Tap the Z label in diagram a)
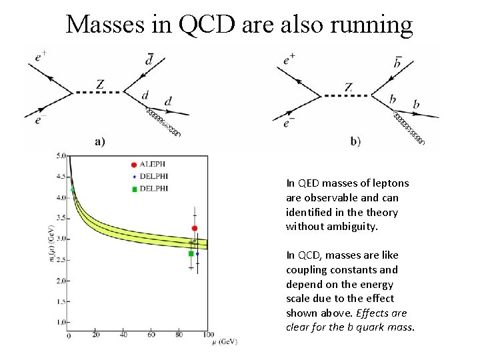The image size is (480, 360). coord(100,85)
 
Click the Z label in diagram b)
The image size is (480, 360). coord(349,87)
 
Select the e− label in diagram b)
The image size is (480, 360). coord(289,123)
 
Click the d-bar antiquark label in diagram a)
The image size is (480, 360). coord(149,61)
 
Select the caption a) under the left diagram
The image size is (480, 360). coord(100,142)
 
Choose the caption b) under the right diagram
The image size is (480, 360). coord(355,142)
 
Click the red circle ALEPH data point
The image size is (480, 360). coord(194,229)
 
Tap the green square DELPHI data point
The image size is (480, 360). coord(191,253)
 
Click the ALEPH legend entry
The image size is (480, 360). coord(152,164)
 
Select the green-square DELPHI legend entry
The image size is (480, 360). coord(152,189)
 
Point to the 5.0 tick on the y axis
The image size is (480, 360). coord(61,156)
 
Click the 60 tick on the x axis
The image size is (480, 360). coord(152,335)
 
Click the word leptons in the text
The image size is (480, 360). coord(391,183)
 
